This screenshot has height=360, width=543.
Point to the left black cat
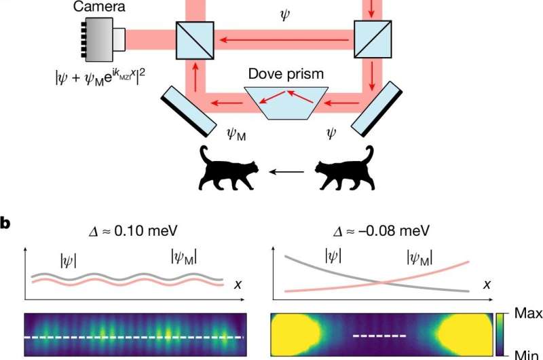[x=226, y=170]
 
